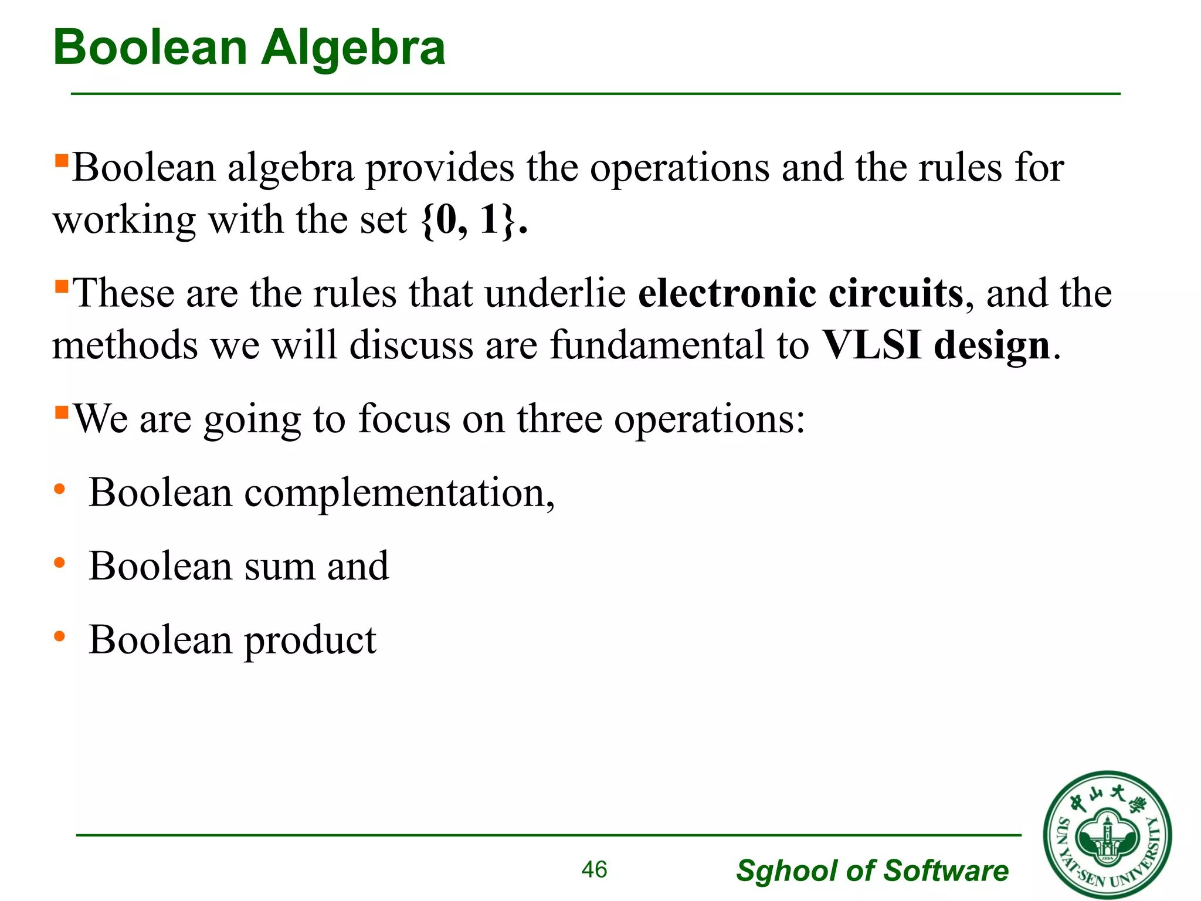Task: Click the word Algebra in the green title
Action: tap(353, 48)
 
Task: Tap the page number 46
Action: tap(594, 869)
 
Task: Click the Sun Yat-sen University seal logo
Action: tap(1107, 835)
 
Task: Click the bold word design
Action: tap(992, 346)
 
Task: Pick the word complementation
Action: tap(399, 493)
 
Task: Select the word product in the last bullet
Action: tap(310, 641)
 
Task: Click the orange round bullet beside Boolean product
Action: tap(59, 636)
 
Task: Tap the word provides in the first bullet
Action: tap(440, 169)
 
